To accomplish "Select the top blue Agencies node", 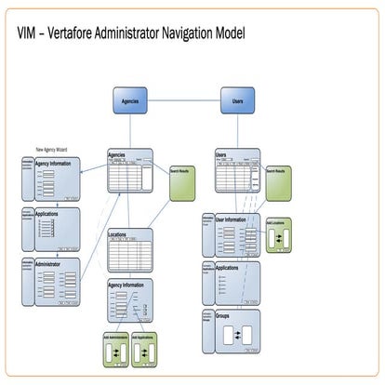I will click(x=130, y=100).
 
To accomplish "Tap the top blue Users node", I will click(x=237, y=100).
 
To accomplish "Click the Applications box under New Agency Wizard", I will click(x=58, y=228).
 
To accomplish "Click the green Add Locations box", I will click(x=278, y=235).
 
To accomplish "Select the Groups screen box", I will click(x=236, y=330).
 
